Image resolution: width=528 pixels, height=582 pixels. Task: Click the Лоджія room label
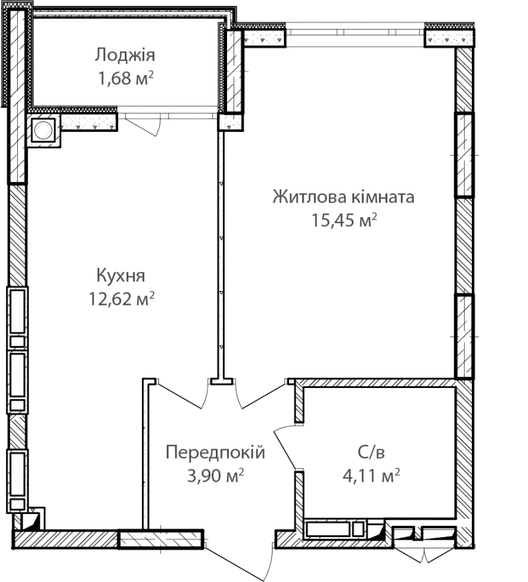click(x=125, y=55)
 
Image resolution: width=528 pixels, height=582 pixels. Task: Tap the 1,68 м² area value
click(x=126, y=79)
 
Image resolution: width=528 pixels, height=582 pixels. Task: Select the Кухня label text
click(x=121, y=276)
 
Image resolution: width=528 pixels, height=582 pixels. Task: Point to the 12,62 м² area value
click(x=121, y=298)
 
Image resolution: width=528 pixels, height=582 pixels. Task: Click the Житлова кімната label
click(x=343, y=197)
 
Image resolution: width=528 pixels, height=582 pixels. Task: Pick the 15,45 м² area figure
click(x=344, y=220)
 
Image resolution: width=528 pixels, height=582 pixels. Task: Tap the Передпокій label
click(x=215, y=452)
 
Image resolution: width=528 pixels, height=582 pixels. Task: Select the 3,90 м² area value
click(x=215, y=476)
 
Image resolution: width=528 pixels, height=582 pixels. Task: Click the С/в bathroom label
click(x=372, y=452)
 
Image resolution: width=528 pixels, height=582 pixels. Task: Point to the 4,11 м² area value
click(x=372, y=476)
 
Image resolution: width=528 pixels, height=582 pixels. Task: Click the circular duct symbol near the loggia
click(x=44, y=129)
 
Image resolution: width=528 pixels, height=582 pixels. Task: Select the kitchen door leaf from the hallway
click(x=180, y=396)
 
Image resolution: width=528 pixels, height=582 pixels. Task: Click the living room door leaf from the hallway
click(x=263, y=396)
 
